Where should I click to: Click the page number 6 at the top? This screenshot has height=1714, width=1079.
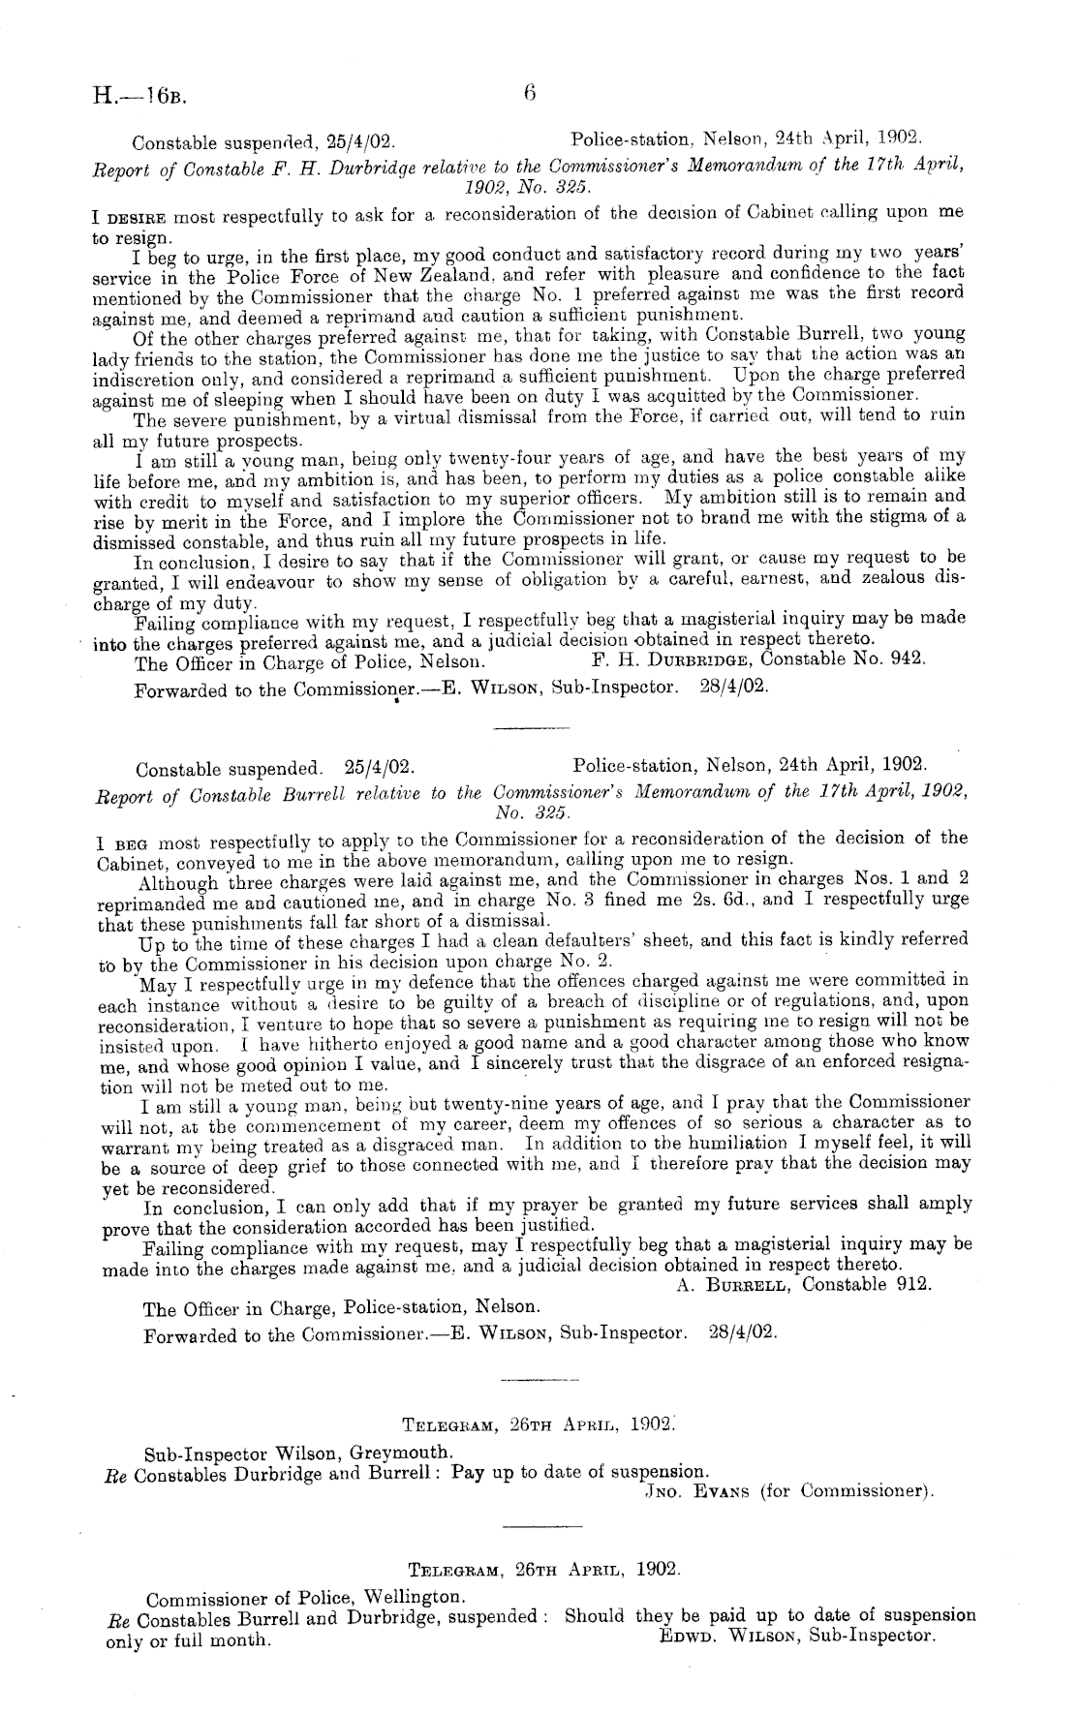tap(529, 93)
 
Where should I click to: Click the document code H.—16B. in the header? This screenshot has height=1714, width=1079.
tap(140, 96)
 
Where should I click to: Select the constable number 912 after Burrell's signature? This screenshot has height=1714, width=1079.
tap(913, 1284)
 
